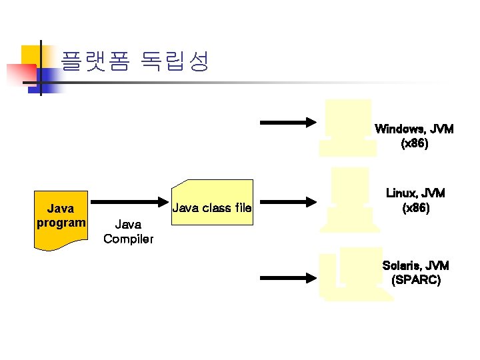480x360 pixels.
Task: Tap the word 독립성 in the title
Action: [175, 62]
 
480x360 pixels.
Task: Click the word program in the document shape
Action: [61, 222]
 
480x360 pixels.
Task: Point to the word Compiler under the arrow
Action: [128, 239]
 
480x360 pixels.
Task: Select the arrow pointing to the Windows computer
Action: [287, 122]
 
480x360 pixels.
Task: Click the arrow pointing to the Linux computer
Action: [287, 201]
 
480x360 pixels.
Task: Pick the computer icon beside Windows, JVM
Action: [348, 127]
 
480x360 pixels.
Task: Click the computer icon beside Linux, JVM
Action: [349, 199]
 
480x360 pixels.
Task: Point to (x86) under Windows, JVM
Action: [415, 143]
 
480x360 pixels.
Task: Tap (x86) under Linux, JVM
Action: [416, 208]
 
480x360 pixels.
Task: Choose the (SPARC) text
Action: [416, 280]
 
